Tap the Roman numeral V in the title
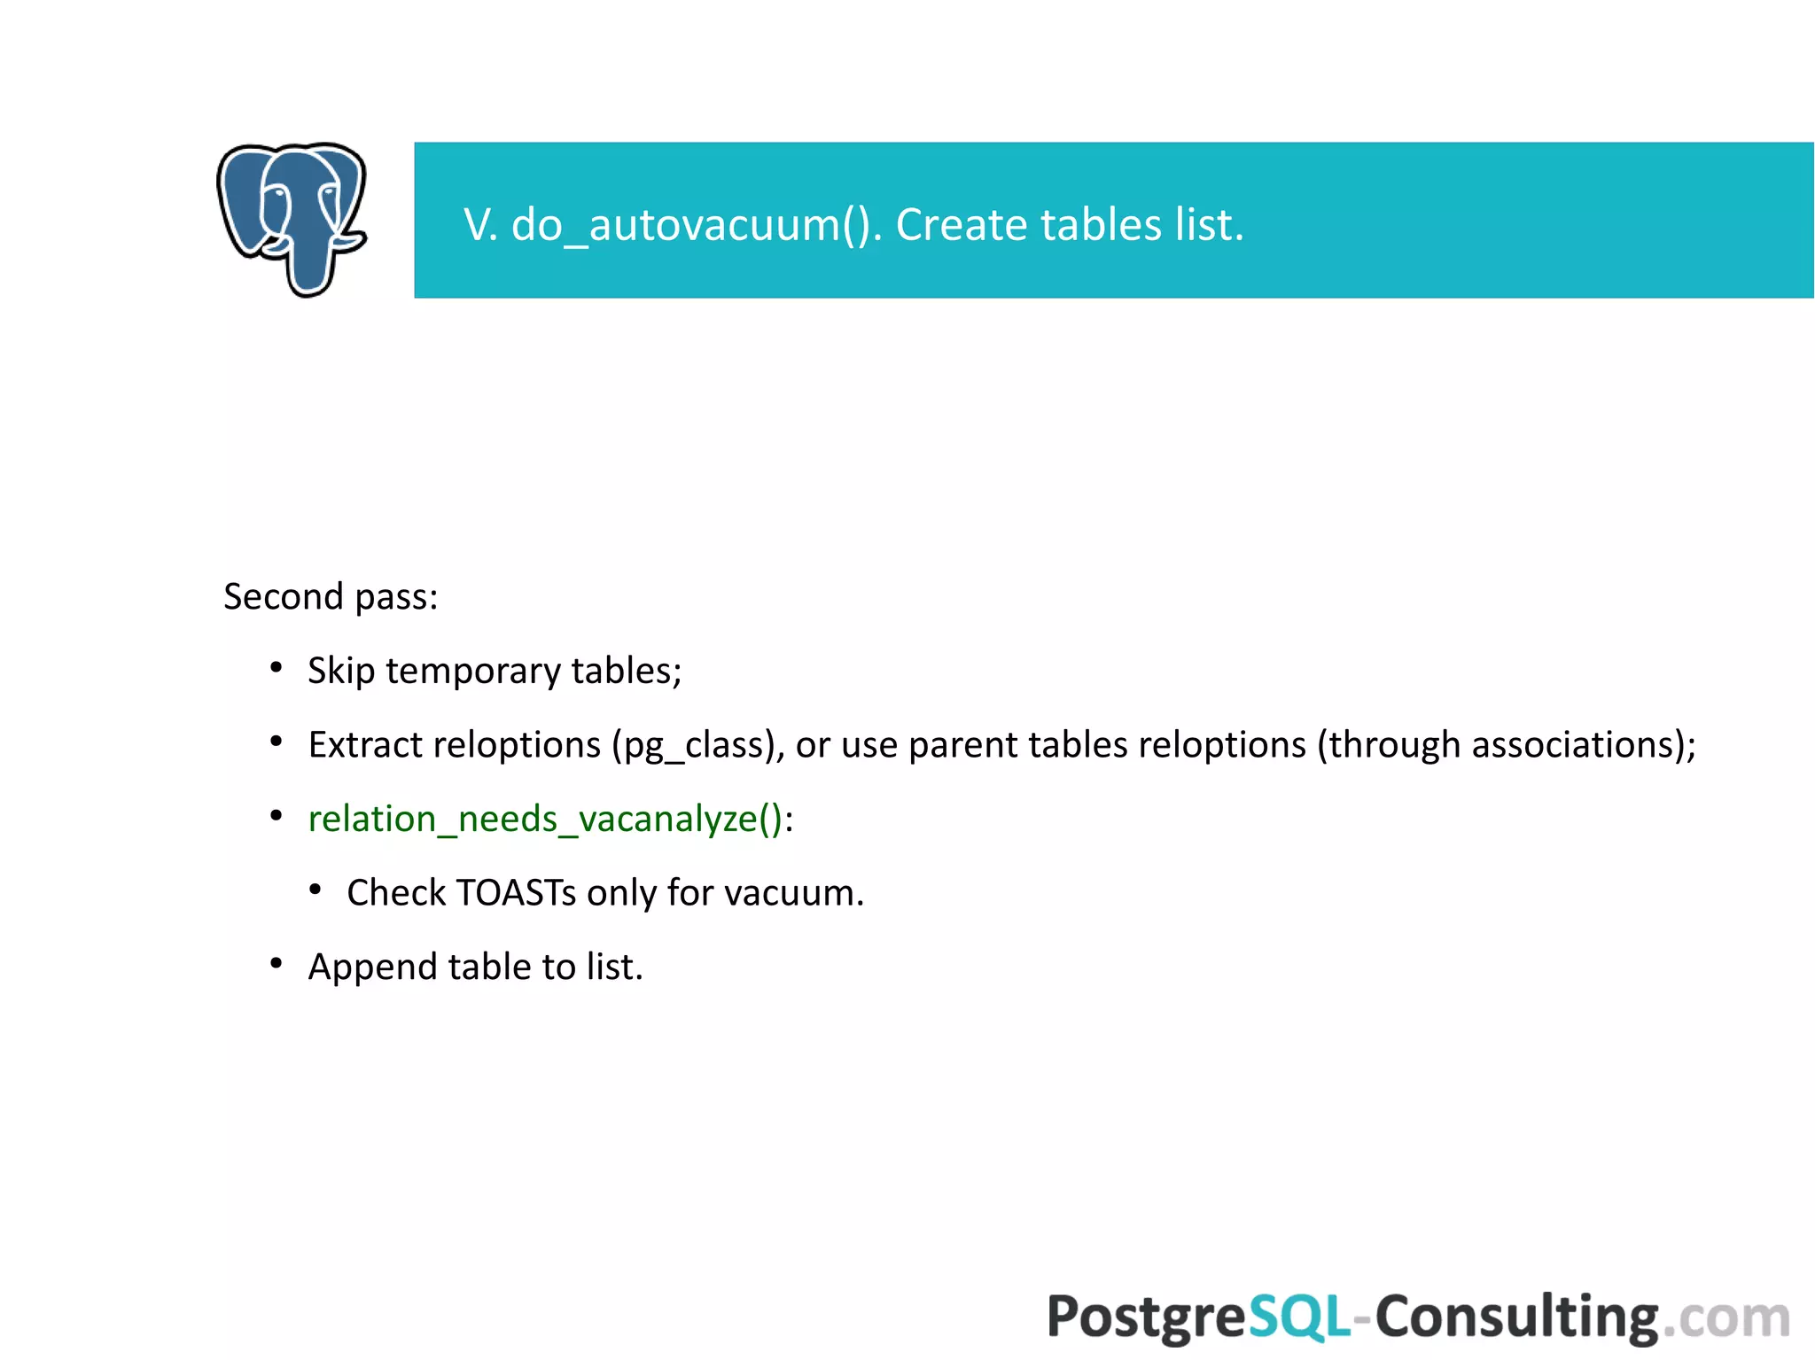coord(479,224)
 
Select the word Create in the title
coord(961,224)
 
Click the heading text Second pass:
coord(331,596)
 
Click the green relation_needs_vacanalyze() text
coord(545,819)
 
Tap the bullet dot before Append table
coord(277,963)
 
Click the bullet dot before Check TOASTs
coord(315,889)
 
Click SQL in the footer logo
coord(1298,1317)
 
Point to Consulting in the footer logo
coord(1515,1317)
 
